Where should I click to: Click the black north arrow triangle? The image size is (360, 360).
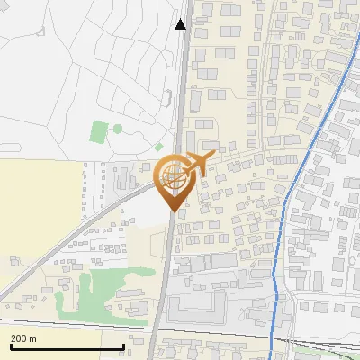click(x=181, y=23)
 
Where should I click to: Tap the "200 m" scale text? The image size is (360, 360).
click(x=23, y=337)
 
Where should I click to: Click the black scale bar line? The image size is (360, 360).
click(x=67, y=346)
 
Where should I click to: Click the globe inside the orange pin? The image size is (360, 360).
click(x=171, y=175)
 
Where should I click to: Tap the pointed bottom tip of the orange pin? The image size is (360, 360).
click(x=171, y=211)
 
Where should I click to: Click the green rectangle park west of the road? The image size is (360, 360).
click(x=98, y=132)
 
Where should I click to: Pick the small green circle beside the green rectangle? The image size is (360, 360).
click(x=116, y=129)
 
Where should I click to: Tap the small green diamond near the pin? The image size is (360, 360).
click(x=159, y=147)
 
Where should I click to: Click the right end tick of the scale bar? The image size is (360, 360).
click(x=123, y=345)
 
